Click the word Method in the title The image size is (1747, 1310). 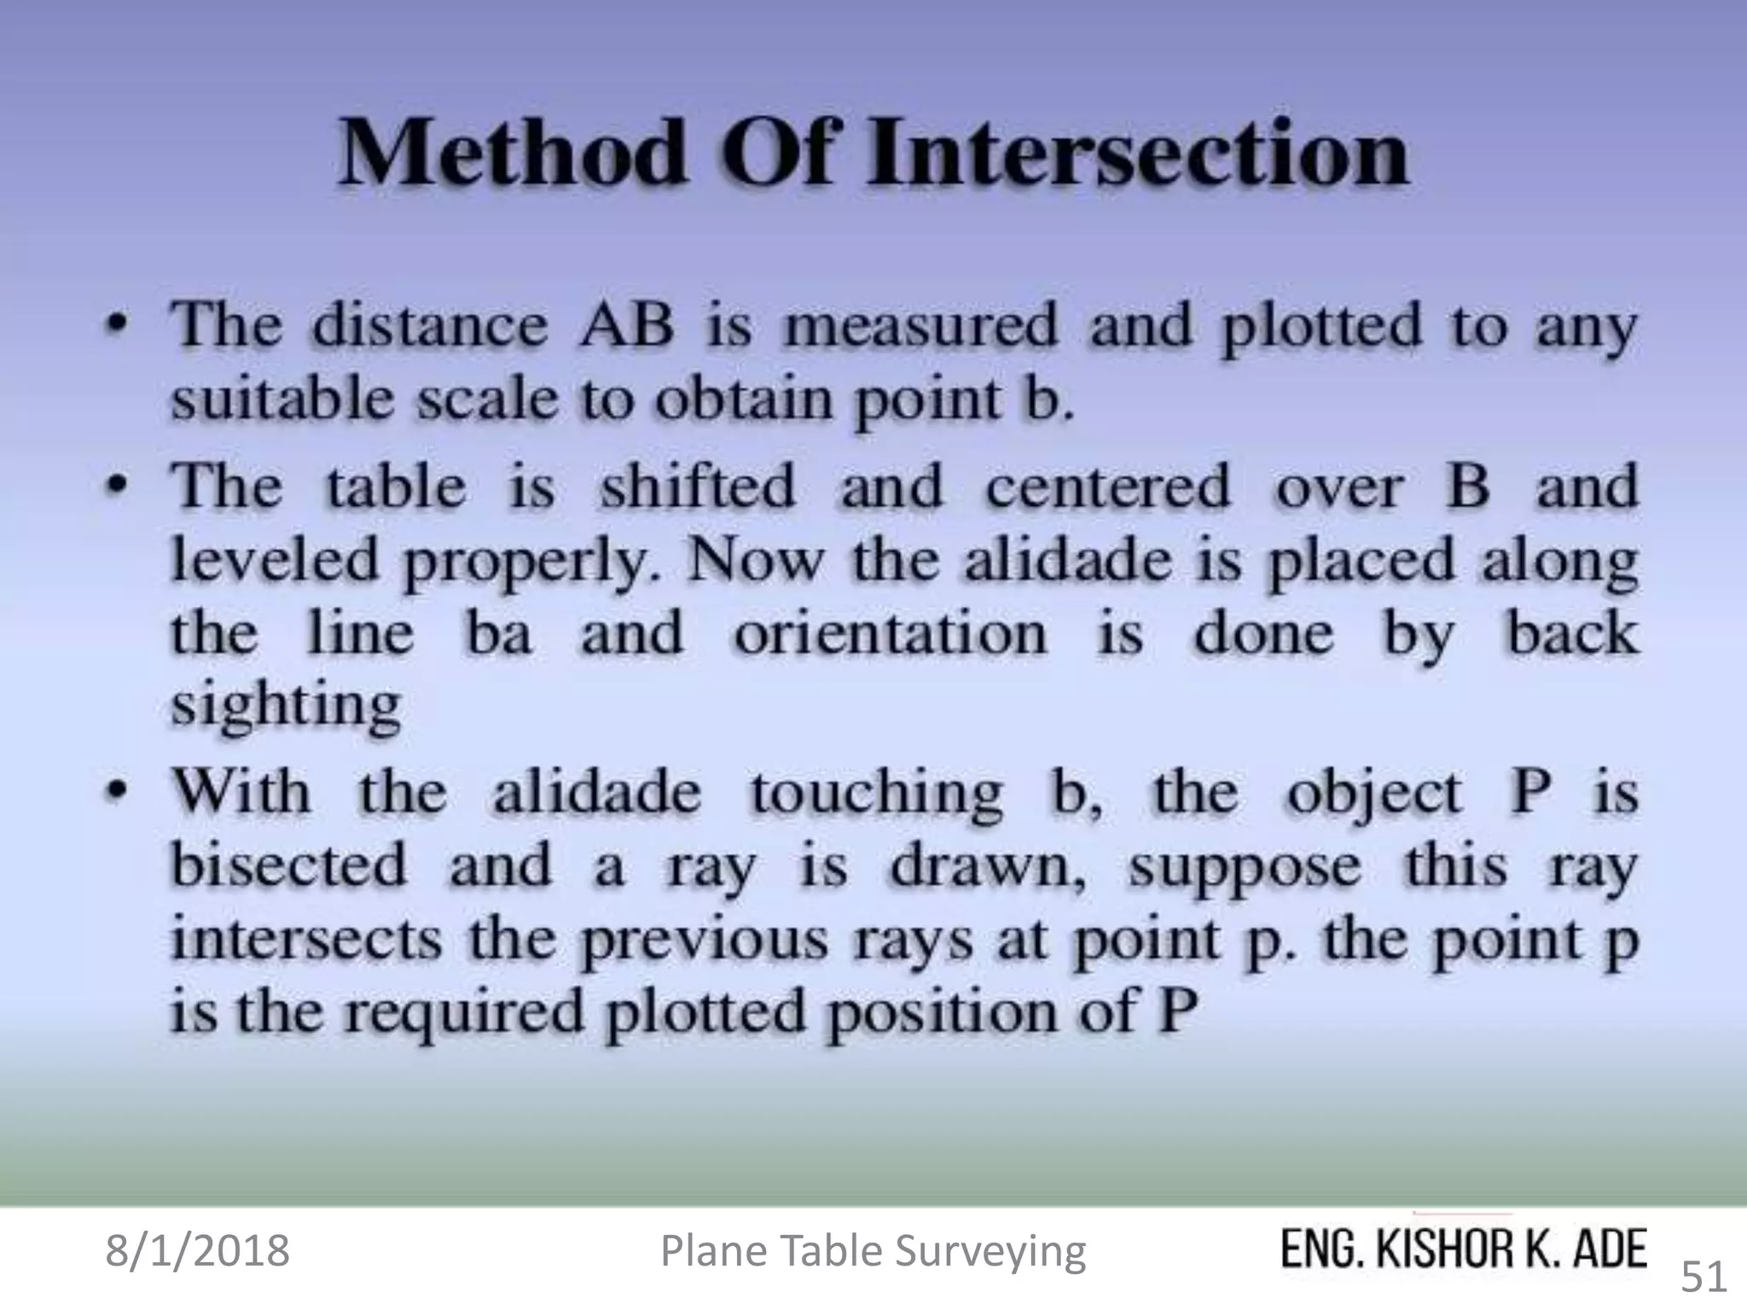pyautogui.click(x=512, y=154)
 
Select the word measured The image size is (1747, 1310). pyautogui.click(x=921, y=326)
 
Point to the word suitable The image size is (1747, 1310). pyautogui.click(x=282, y=399)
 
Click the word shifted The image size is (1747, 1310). pyautogui.click(x=698, y=486)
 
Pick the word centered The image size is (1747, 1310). pyautogui.click(x=1108, y=486)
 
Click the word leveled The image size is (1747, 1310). pyautogui.click(x=275, y=560)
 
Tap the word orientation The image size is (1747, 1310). pyautogui.click(x=890, y=634)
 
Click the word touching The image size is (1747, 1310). pyautogui.click(x=876, y=793)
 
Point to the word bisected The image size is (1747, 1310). pyautogui.click(x=289, y=866)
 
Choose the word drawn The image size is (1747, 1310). pyautogui.click(x=988, y=866)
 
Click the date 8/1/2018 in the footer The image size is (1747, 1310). pyautogui.click(x=197, y=1251)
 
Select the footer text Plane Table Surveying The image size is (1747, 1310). pyautogui.click(x=873, y=1251)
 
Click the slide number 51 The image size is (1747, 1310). pyautogui.click(x=1703, y=1277)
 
